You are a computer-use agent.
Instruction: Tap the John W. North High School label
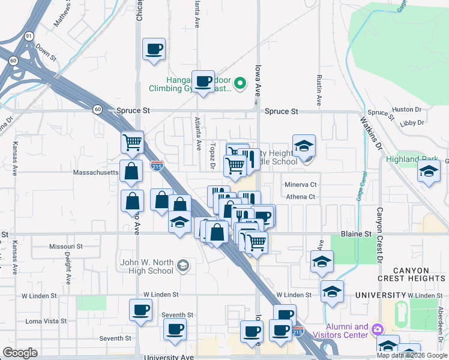pyautogui.click(x=147, y=266)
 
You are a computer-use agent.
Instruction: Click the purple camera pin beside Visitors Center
pyautogui.click(x=377, y=328)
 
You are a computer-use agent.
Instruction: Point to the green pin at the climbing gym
pyautogui.click(x=240, y=83)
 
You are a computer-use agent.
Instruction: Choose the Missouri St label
pyautogui.click(x=66, y=247)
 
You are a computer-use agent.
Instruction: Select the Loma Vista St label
pyautogui.click(x=46, y=321)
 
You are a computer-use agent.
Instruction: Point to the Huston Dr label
pyautogui.click(x=407, y=110)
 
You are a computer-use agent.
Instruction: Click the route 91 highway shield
pyautogui.click(x=29, y=36)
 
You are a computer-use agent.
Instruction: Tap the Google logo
pyautogui.click(x=20, y=353)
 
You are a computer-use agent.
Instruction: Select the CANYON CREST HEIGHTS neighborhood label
pyautogui.click(x=412, y=272)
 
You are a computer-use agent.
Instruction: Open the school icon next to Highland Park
pyautogui.click(x=429, y=173)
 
